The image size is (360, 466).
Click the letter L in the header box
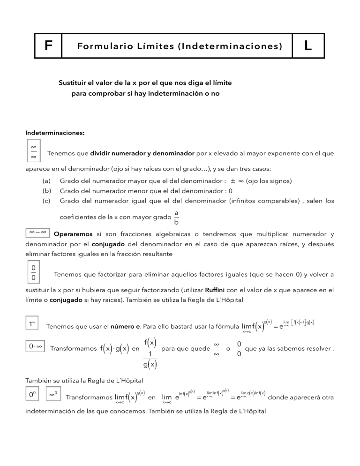tap(307, 46)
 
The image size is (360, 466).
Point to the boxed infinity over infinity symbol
tap(34, 151)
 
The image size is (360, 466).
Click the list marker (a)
tap(46, 180)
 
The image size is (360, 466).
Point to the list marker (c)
tap(46, 202)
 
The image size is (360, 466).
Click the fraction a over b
tap(176, 217)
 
